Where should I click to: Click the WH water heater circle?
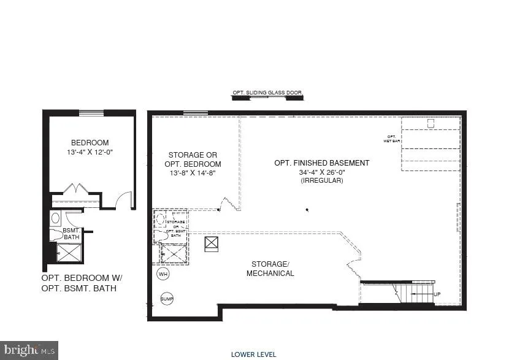[x=163, y=274]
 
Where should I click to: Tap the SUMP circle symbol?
[x=167, y=299]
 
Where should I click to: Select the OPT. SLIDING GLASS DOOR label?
[x=267, y=93]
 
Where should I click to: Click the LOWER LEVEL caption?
[x=253, y=354]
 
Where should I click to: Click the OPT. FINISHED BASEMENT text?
[x=321, y=163]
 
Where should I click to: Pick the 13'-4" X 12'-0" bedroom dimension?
[x=90, y=151]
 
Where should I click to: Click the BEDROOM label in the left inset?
[x=90, y=143]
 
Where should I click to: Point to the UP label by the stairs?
[x=437, y=294]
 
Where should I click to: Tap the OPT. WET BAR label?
[x=393, y=139]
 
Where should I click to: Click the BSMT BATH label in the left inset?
[x=71, y=234]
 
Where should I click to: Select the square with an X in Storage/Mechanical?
[x=212, y=243]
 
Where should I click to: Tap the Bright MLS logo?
[x=29, y=350]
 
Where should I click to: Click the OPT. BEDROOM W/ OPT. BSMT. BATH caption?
[x=79, y=283]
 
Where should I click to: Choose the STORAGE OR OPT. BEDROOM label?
[x=193, y=159]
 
